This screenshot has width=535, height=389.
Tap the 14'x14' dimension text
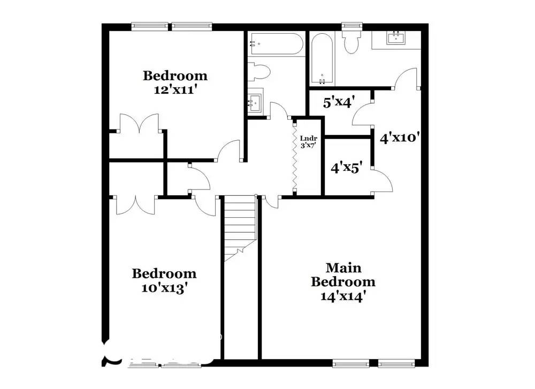pyautogui.click(x=343, y=296)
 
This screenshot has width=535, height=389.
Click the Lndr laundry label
pyautogui.click(x=309, y=138)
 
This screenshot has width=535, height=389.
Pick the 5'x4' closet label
pyautogui.click(x=339, y=103)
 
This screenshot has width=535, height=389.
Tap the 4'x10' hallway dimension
pyautogui.click(x=399, y=138)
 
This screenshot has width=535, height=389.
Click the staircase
pyautogui.click(x=240, y=227)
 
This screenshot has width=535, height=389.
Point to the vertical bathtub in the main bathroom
pyautogui.click(x=322, y=59)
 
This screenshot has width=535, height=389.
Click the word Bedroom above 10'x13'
pyautogui.click(x=164, y=274)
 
